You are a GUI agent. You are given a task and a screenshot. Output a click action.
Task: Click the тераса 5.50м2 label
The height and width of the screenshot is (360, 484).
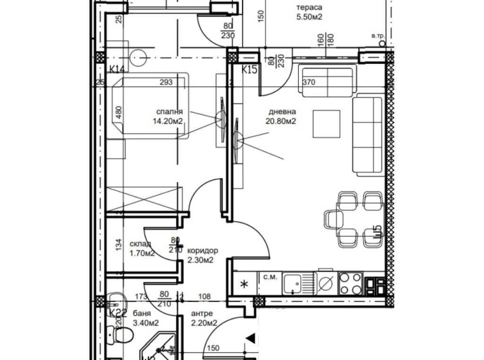click(309, 13)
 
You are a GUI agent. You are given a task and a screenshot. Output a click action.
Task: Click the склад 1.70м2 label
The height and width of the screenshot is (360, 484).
click(141, 248)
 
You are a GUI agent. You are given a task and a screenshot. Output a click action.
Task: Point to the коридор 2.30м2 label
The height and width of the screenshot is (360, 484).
click(203, 255)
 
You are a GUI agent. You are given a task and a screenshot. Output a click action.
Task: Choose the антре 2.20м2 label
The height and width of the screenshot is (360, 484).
click(205, 318)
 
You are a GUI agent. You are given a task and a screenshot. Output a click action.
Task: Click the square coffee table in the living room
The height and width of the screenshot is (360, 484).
click(326, 123)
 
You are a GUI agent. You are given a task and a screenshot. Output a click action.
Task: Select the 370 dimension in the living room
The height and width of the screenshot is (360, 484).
click(308, 82)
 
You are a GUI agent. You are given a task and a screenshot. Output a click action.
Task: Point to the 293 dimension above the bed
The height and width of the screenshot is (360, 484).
click(167, 82)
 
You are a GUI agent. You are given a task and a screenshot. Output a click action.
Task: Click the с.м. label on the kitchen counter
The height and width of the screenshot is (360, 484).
click(270, 276)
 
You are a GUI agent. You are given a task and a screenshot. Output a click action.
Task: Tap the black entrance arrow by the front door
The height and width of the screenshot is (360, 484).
click(252, 338)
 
